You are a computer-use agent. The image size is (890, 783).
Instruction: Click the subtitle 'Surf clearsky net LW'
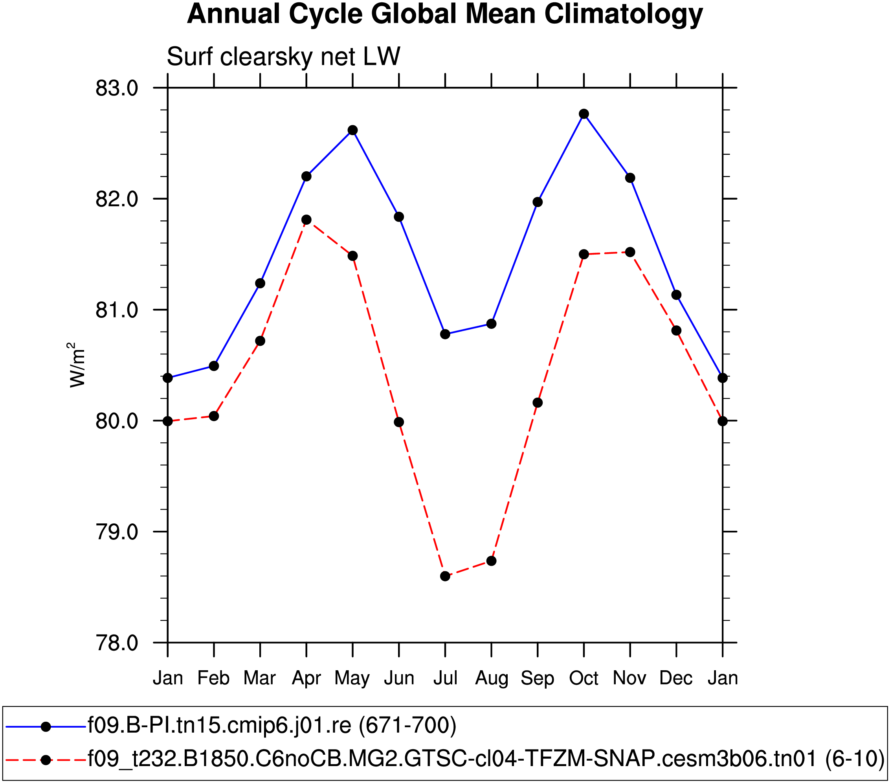point(283,57)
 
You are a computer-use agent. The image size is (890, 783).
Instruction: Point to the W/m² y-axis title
point(77,365)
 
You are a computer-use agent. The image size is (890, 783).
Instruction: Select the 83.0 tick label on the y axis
point(117,88)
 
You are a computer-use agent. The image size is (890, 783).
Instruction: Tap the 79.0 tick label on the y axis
point(117,532)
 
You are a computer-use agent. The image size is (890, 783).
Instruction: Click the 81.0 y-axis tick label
point(117,310)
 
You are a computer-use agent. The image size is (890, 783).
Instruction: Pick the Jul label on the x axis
point(445,678)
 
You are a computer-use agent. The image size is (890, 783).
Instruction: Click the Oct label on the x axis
point(584,678)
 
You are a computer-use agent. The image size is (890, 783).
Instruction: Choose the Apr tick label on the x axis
point(306,678)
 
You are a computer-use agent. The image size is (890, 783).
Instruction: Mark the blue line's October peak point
point(584,114)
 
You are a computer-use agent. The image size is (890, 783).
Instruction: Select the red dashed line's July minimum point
point(445,576)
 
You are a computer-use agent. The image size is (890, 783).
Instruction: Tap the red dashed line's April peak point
point(306,220)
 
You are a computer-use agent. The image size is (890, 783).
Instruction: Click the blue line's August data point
point(492,324)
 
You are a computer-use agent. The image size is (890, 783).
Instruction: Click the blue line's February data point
point(214,366)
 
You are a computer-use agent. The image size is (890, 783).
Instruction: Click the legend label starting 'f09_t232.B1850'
point(486,759)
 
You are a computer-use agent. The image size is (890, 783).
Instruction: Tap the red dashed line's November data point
point(630,252)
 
